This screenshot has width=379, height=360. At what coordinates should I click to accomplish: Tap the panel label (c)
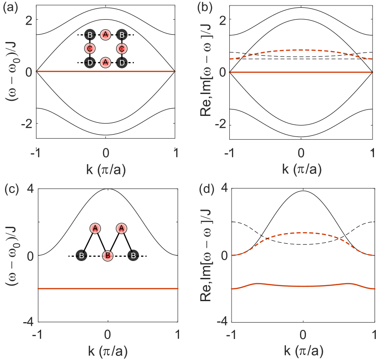[x=10, y=188]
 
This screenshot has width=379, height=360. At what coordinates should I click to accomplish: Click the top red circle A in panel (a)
[x=105, y=35]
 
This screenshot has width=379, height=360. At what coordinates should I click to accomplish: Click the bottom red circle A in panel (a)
[x=105, y=62]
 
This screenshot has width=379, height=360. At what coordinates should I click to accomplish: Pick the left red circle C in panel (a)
[x=90, y=48]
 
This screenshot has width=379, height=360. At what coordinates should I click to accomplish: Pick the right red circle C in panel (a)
[x=121, y=48]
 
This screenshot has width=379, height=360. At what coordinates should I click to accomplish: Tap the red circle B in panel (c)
[x=107, y=256]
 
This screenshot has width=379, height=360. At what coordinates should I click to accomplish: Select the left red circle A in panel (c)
[x=95, y=228]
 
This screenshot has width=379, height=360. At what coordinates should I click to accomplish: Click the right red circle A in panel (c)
[x=121, y=228]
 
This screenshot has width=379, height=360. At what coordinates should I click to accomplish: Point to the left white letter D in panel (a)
[x=90, y=63]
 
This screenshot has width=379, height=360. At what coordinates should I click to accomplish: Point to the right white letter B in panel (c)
[x=133, y=256]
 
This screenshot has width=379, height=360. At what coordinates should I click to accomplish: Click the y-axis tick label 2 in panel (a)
[x=28, y=20]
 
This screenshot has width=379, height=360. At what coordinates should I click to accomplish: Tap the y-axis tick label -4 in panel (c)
[x=26, y=323]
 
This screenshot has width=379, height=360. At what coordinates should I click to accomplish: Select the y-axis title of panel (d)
[x=208, y=254]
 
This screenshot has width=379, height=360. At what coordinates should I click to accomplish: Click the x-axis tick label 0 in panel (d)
[x=303, y=333]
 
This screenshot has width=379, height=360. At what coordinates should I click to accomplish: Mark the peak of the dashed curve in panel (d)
[x=303, y=233]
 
